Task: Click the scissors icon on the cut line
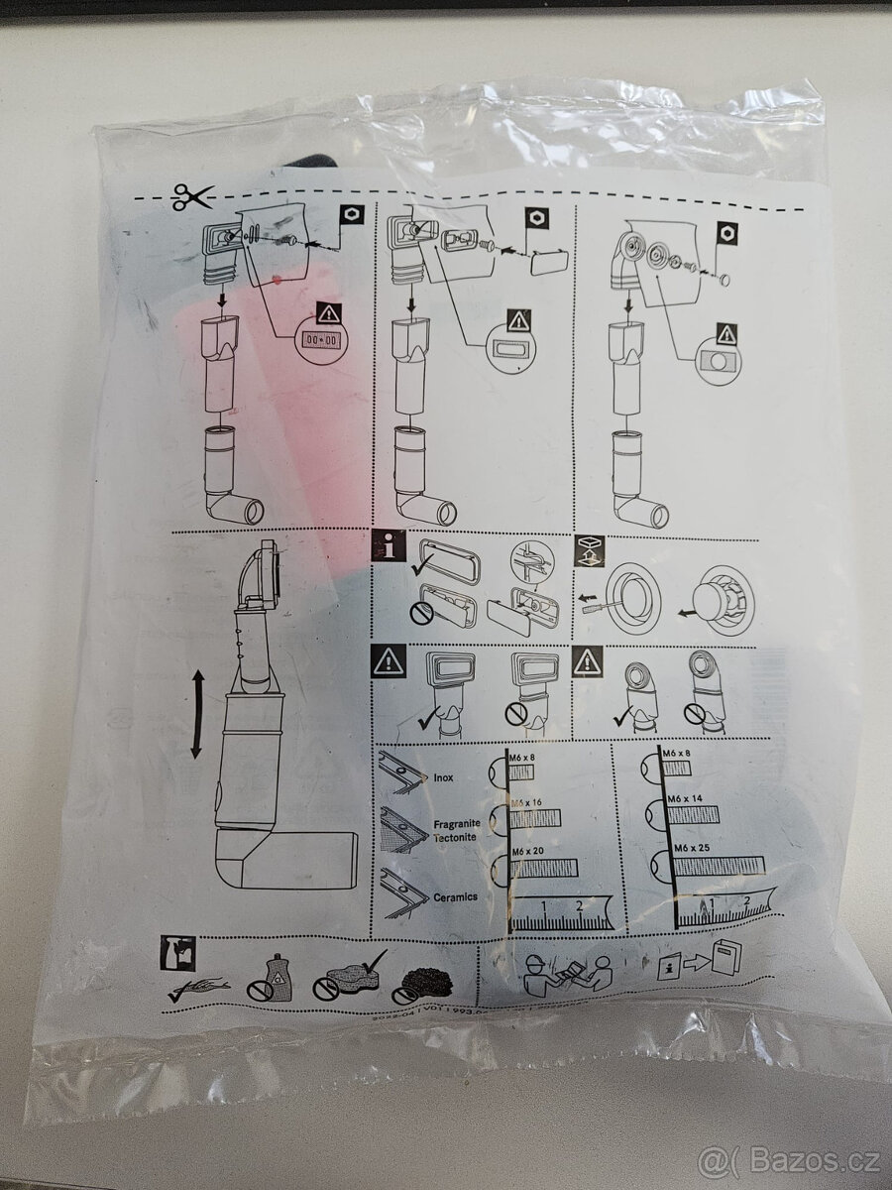[x=191, y=197]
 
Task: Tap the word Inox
[x=443, y=777]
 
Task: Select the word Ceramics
[x=455, y=896]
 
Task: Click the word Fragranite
[x=457, y=823]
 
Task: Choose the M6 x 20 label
[x=527, y=852]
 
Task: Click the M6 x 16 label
[x=527, y=800]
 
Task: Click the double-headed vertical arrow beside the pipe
[x=196, y=714]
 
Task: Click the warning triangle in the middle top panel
[x=519, y=320]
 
